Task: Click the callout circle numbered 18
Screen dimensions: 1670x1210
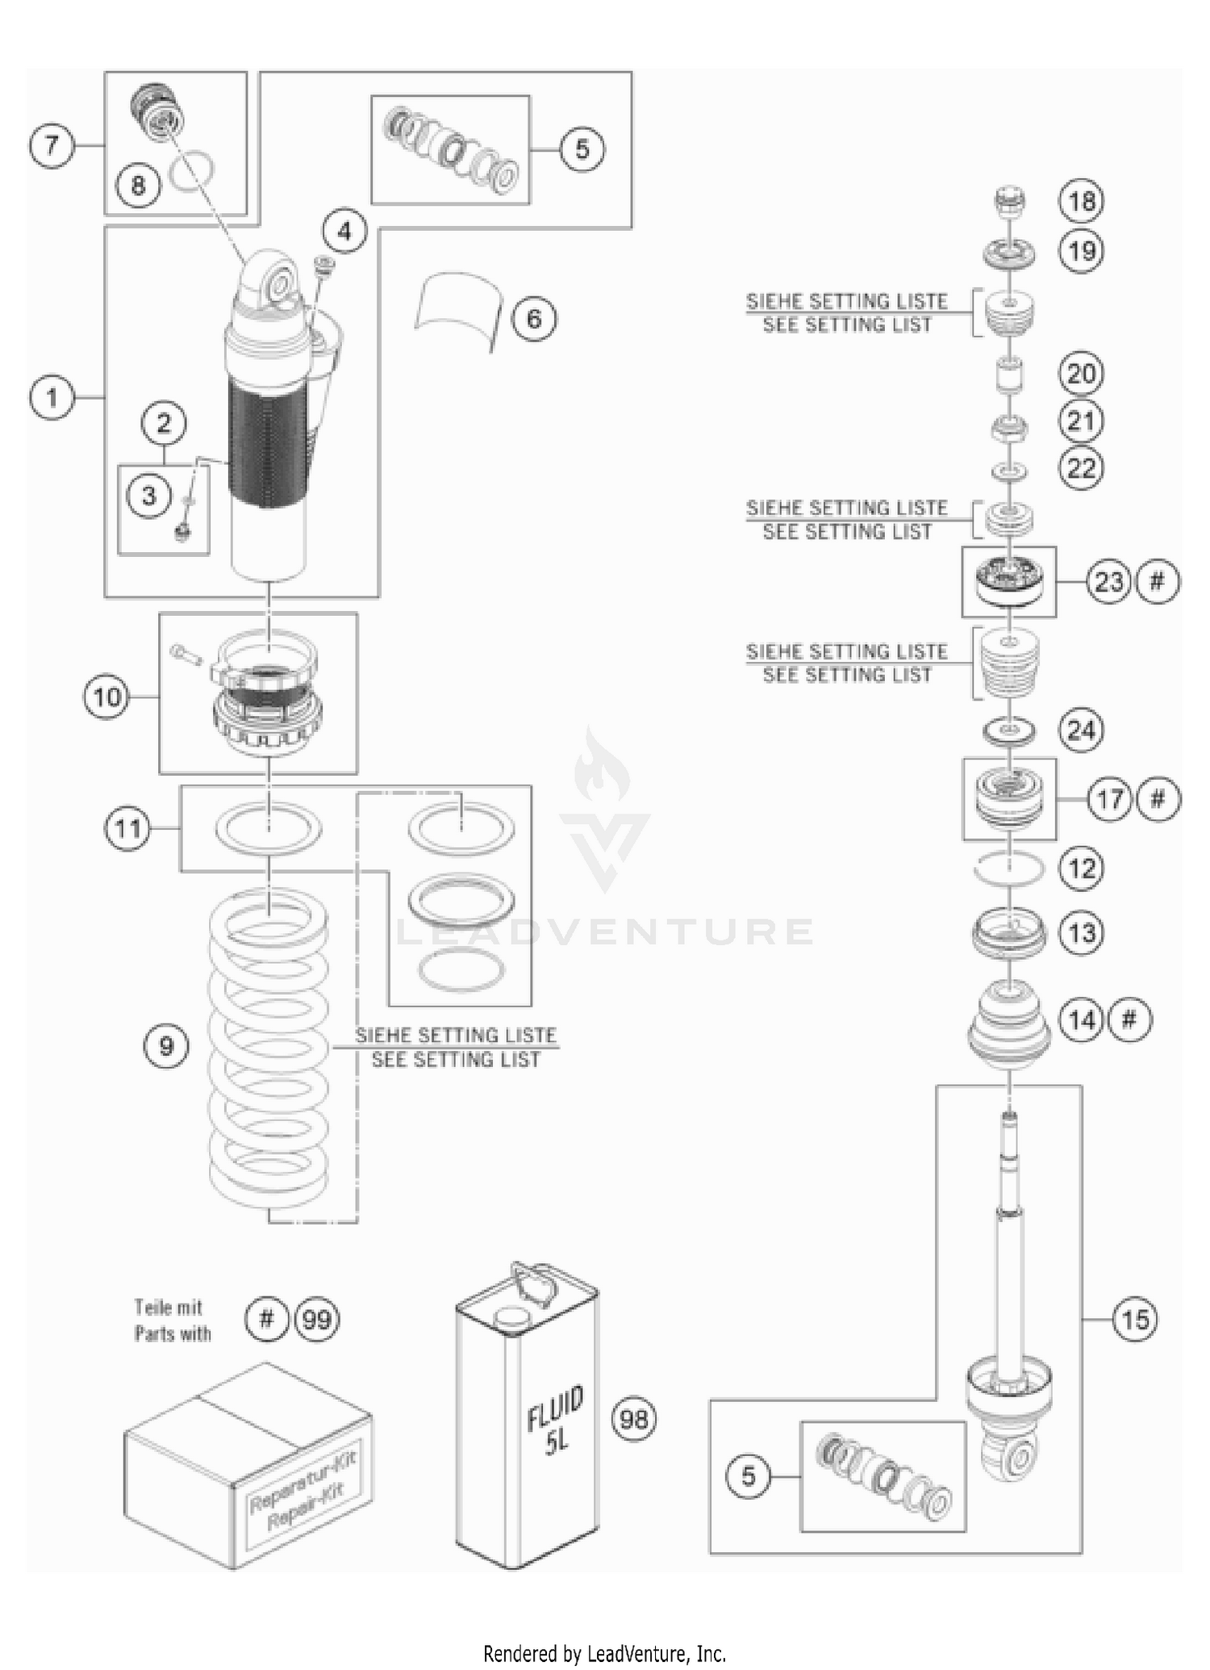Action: [x=1081, y=201]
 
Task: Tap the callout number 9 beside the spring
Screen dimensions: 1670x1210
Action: [x=166, y=1047]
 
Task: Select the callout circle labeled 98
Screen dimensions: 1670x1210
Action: [x=634, y=1418]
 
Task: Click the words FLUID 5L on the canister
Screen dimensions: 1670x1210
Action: [x=555, y=1424]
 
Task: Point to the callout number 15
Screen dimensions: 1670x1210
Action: [x=1134, y=1320]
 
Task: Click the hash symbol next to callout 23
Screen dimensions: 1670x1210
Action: [x=1157, y=581]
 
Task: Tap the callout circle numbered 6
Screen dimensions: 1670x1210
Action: [x=534, y=319]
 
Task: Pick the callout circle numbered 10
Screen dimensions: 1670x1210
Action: [x=106, y=697]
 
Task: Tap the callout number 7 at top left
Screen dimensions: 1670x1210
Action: [x=52, y=146]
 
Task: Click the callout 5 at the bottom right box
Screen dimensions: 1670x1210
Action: [x=748, y=1476]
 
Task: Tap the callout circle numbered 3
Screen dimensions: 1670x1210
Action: [x=148, y=496]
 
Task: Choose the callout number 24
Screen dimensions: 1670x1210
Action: [x=1081, y=730]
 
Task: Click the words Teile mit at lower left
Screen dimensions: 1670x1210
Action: [x=168, y=1307]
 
